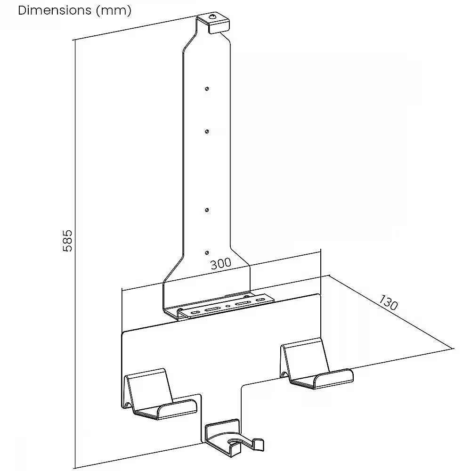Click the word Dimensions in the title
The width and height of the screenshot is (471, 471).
pos(54,10)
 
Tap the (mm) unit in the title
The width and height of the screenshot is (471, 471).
pos(114,11)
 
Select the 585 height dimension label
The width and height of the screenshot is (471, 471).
pos(67,241)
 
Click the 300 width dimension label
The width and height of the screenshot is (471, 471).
pos(221,264)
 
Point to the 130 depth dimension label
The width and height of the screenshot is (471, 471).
pos(389,302)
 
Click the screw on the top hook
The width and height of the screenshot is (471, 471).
pos(213,17)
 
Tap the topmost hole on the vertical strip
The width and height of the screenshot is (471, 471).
pos(207,89)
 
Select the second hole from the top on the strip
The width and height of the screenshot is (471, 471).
pos(207,131)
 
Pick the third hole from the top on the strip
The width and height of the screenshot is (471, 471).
pos(207,210)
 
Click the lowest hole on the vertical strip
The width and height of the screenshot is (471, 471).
pos(207,253)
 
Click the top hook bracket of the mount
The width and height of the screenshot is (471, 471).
pos(213,24)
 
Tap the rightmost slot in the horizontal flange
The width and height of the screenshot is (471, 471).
pos(260,300)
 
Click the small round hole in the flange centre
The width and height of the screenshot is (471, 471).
pos(228,307)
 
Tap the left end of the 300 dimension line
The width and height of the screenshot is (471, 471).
pos(122,290)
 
